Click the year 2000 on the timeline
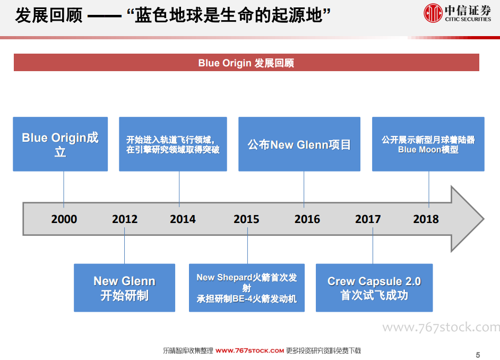pos(64,219)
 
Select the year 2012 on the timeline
pos(125,219)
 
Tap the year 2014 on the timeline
pos(183,219)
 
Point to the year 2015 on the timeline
pos(246,219)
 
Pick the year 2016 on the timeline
pos(307,219)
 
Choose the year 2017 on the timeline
pos(368,219)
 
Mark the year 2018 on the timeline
pos(426,219)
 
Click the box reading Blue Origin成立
pos(61,144)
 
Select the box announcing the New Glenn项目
pos(299,144)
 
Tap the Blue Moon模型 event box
pos(428,144)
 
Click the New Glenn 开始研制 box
pos(124,288)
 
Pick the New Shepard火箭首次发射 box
pos(247,288)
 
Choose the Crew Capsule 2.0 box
pos(374,288)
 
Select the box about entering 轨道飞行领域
pos(173,144)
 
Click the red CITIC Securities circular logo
pos(433,13)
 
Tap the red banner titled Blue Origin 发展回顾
pos(246,63)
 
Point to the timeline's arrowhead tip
pos(484,219)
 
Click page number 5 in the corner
pos(478,355)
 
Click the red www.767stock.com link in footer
pos(249,351)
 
